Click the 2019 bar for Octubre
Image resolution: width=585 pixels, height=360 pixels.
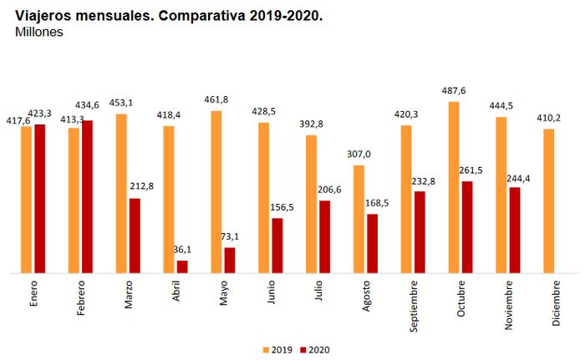[454, 187]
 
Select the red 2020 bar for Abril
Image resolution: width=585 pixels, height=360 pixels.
[182, 266]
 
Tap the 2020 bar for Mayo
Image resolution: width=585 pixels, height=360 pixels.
[230, 260]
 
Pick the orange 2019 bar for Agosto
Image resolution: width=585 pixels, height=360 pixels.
[359, 219]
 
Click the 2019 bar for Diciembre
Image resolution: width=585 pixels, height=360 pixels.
[549, 200]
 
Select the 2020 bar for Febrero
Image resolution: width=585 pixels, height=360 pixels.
[87, 196]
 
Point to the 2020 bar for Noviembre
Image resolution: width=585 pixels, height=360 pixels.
[515, 230]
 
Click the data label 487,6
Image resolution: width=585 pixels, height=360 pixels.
[454, 92]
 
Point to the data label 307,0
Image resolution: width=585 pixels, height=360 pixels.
[357, 155]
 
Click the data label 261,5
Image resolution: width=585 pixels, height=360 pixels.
[469, 171]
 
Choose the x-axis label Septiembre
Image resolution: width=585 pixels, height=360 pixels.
[415, 306]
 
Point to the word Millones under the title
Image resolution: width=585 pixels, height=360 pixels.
[39, 32]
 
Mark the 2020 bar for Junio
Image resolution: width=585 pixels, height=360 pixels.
[277, 246]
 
